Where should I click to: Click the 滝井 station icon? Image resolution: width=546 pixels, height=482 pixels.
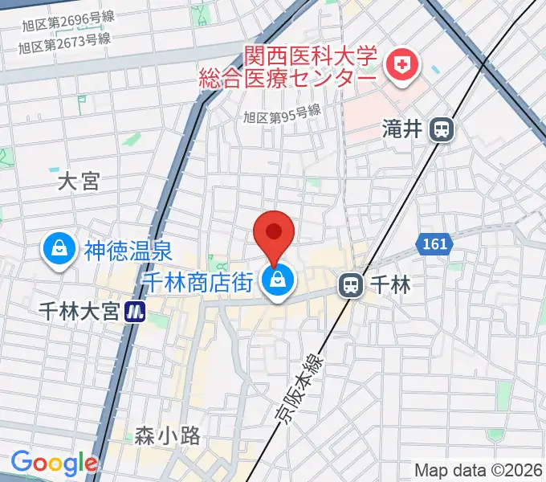coord(442,129)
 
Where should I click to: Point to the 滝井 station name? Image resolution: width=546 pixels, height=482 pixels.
coord(403,129)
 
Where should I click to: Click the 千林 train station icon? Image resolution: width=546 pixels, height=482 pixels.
coord(350,284)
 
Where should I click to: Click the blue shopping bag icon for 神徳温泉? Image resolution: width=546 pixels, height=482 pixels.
coord(59,250)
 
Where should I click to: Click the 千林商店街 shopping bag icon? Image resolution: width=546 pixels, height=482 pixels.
coord(277,283)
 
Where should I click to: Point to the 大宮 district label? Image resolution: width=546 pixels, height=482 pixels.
coord(79,182)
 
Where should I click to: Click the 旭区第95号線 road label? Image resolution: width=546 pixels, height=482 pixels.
coord(283,116)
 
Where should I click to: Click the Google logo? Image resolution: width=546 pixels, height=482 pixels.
coord(54,462)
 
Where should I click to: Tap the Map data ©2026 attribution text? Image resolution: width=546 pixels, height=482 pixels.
coord(479,470)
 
